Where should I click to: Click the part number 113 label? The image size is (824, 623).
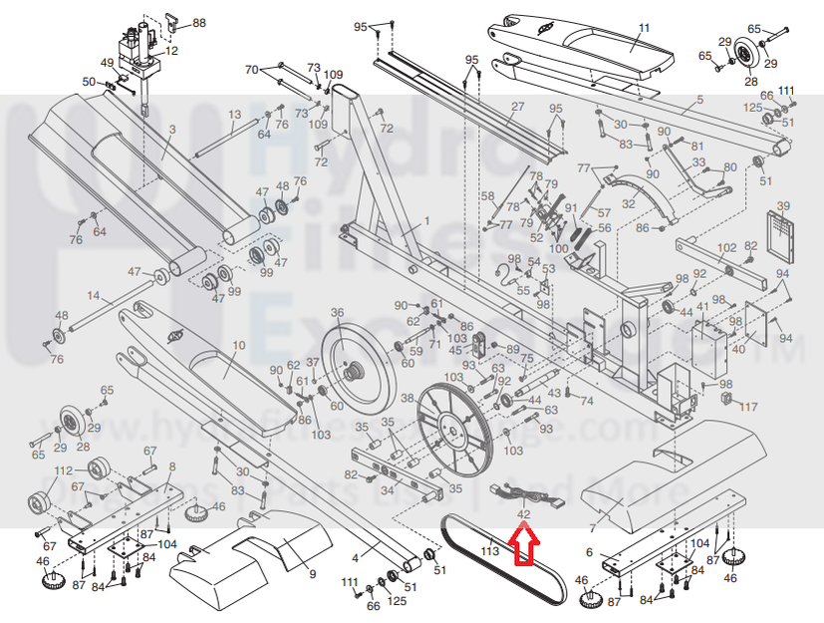(488, 548)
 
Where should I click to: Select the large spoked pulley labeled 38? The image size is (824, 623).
(454, 430)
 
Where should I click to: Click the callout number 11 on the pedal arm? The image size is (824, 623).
(643, 28)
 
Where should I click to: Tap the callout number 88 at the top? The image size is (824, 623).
(199, 22)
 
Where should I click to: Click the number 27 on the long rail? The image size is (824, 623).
(517, 107)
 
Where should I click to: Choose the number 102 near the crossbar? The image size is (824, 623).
(725, 246)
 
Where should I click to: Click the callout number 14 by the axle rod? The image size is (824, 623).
(93, 296)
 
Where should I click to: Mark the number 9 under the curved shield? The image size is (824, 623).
(311, 574)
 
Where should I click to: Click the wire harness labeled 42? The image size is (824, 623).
(512, 490)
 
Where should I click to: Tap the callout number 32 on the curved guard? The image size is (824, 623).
(628, 203)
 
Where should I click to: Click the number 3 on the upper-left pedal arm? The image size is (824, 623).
(171, 129)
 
